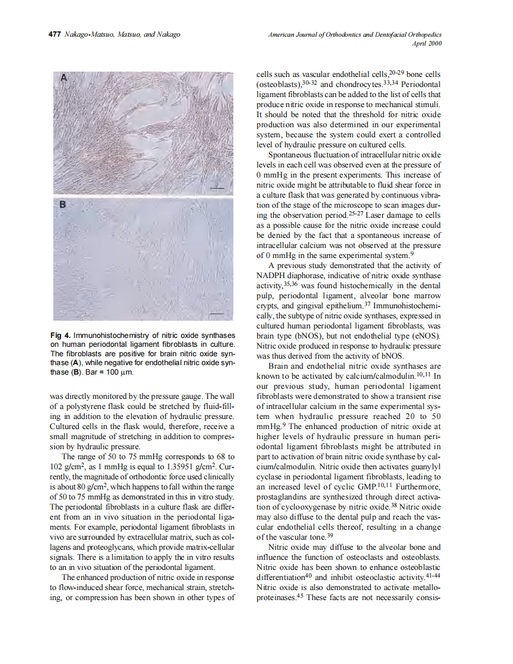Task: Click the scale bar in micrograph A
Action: (x=217, y=188)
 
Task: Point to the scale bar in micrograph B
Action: (x=217, y=313)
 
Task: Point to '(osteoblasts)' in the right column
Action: (x=275, y=84)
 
